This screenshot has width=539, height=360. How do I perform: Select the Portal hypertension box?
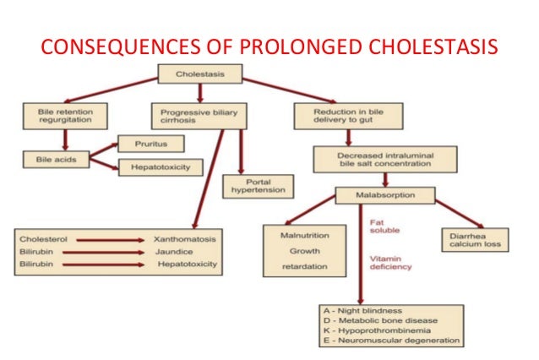(258, 186)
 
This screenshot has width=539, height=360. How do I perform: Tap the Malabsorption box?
(385, 196)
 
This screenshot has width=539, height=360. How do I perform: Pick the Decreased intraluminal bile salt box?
(385, 157)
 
